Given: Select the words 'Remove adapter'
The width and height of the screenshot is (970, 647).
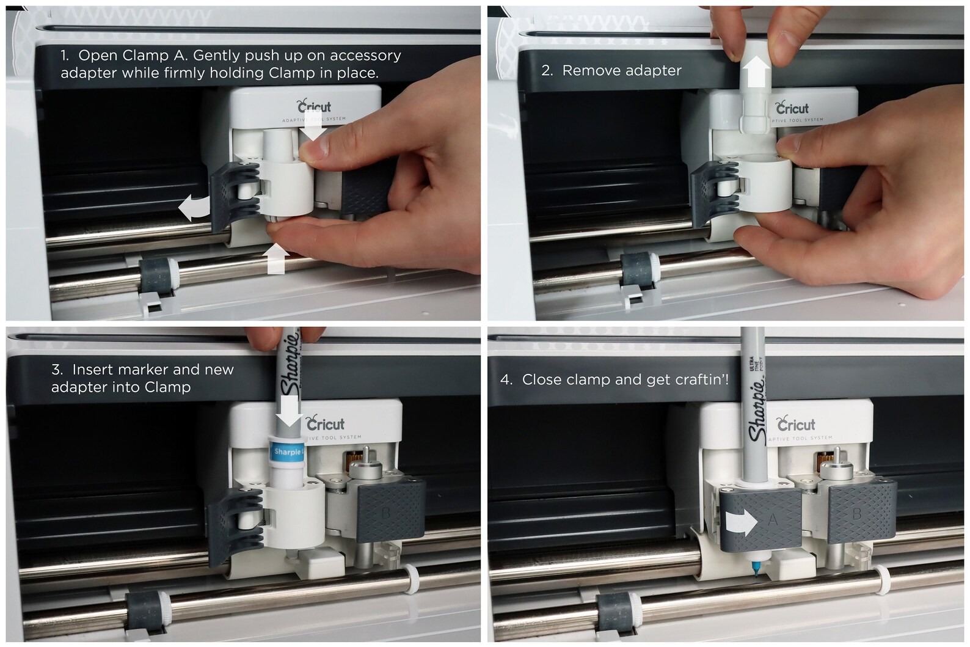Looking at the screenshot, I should [x=621, y=71].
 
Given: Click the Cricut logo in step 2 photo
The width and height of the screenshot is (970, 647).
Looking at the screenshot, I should [x=792, y=108].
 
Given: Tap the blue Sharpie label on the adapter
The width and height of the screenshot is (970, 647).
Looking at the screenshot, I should [x=286, y=451].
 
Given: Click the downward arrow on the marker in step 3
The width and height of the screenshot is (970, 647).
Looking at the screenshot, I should [x=289, y=416].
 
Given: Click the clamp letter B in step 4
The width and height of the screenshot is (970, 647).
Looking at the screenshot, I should [x=856, y=514].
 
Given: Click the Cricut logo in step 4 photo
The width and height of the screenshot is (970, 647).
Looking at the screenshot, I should [x=795, y=424].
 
